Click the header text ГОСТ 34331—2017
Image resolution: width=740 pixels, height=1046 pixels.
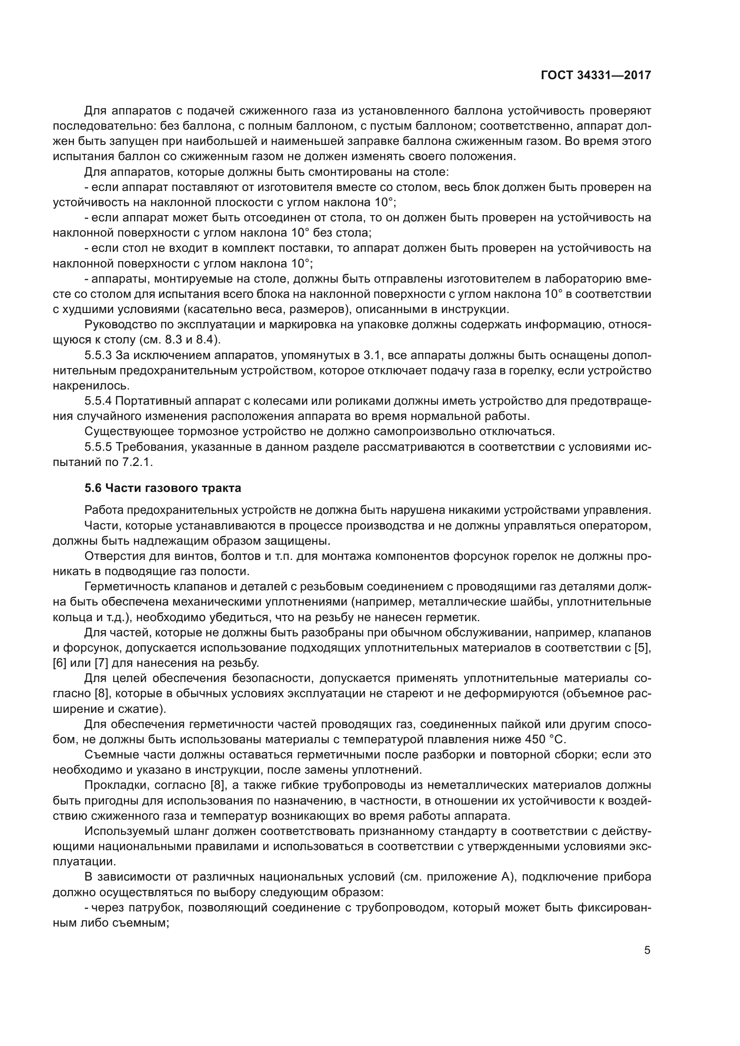point(595,75)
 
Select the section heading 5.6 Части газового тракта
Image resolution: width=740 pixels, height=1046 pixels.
point(163,488)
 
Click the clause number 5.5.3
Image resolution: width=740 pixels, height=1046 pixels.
point(98,356)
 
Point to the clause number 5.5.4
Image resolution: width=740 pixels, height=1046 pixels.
point(98,401)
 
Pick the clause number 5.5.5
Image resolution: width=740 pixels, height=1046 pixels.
point(98,447)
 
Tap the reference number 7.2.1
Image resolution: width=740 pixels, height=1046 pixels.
point(137,462)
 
